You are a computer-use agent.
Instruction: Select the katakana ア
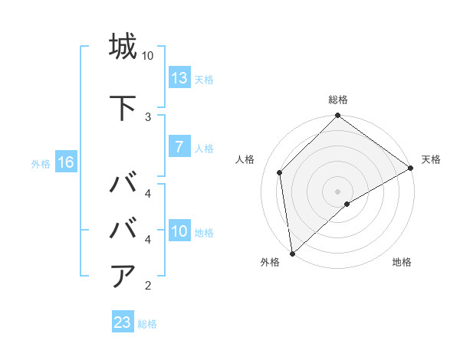click(123, 276)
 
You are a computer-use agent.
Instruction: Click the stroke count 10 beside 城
click(148, 56)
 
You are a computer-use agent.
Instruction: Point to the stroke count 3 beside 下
click(148, 116)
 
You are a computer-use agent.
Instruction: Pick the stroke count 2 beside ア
click(148, 286)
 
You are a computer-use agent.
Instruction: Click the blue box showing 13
click(179, 78)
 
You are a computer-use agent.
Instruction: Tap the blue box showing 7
click(179, 148)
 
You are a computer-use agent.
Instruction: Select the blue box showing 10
click(179, 232)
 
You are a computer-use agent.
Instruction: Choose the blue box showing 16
click(65, 162)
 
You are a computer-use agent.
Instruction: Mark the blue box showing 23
click(122, 322)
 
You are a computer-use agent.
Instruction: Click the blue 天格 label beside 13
click(203, 79)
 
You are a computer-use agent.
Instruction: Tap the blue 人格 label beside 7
click(203, 149)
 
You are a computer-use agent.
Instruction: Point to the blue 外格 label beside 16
click(41, 163)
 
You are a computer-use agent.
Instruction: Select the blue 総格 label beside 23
click(147, 323)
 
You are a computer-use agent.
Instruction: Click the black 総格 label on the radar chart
click(338, 100)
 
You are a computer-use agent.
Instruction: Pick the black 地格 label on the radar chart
click(402, 262)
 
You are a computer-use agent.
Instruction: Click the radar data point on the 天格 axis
click(411, 168)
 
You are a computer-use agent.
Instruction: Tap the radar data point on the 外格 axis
click(292, 253)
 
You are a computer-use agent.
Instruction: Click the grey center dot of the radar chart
click(337, 191)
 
